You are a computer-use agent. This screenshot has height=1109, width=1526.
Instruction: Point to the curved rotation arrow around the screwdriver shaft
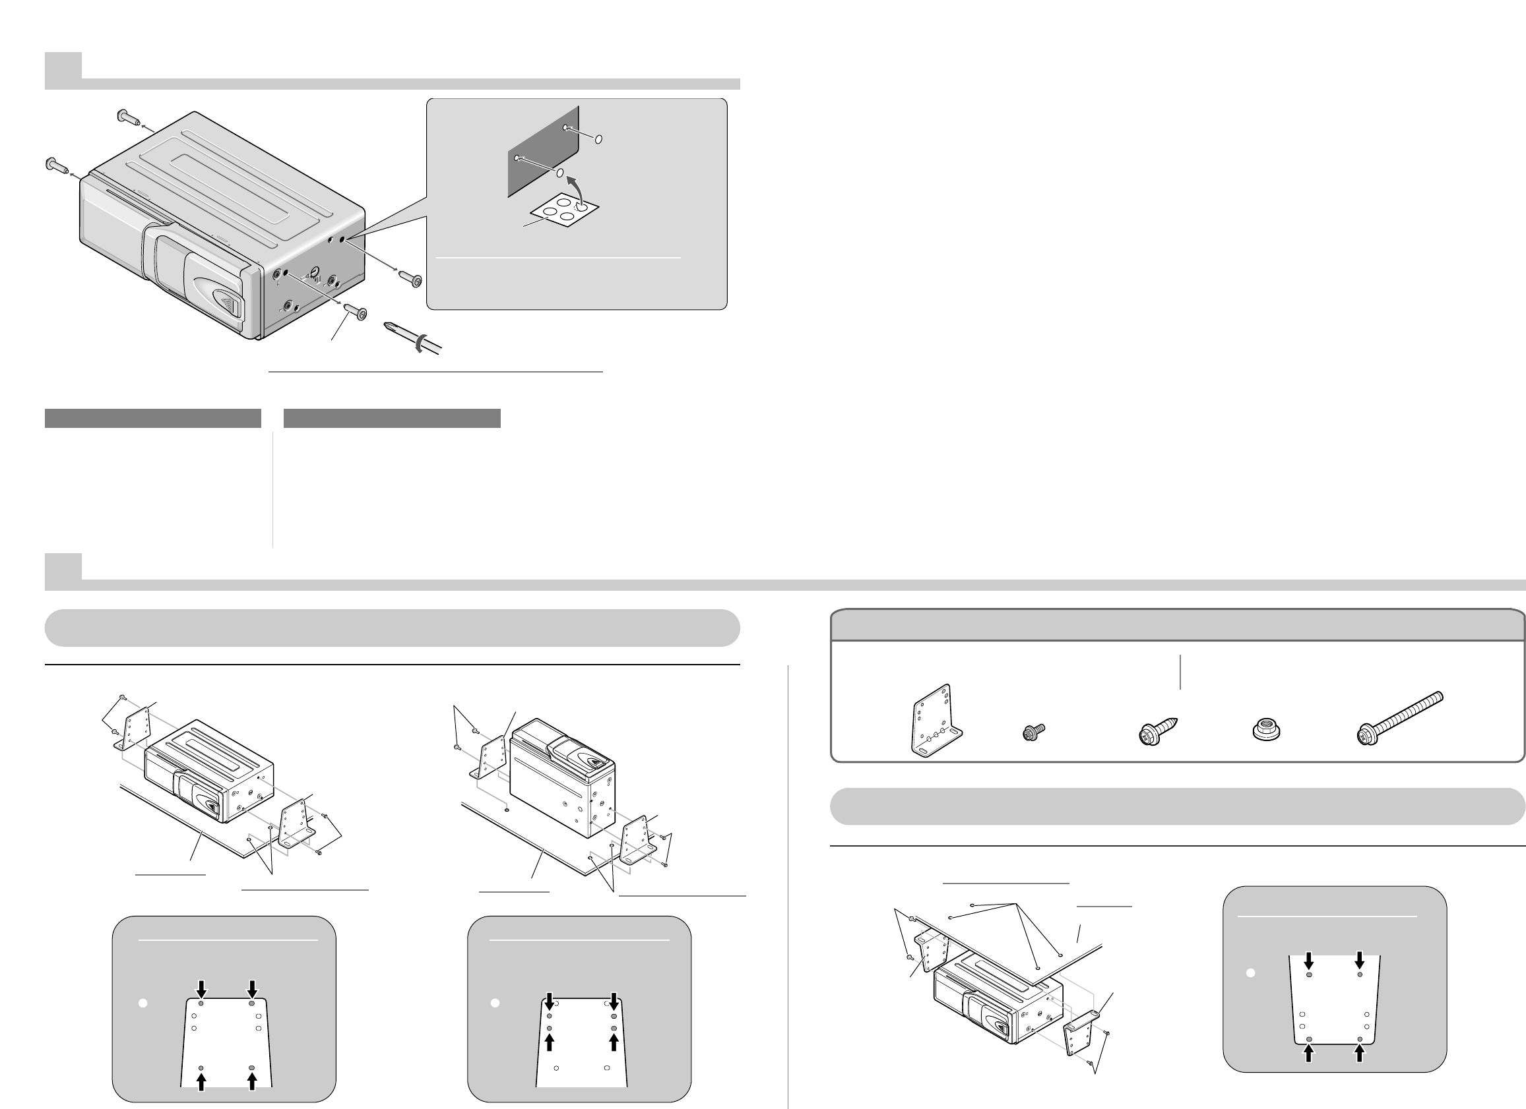tap(420, 344)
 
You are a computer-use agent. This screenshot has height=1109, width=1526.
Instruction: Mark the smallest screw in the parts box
tap(1032, 731)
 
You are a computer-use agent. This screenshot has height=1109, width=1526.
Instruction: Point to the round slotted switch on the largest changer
tap(314, 274)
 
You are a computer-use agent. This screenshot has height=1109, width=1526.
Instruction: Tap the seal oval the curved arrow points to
tap(559, 173)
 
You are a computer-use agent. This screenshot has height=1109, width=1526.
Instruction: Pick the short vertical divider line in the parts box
tap(1180, 672)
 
